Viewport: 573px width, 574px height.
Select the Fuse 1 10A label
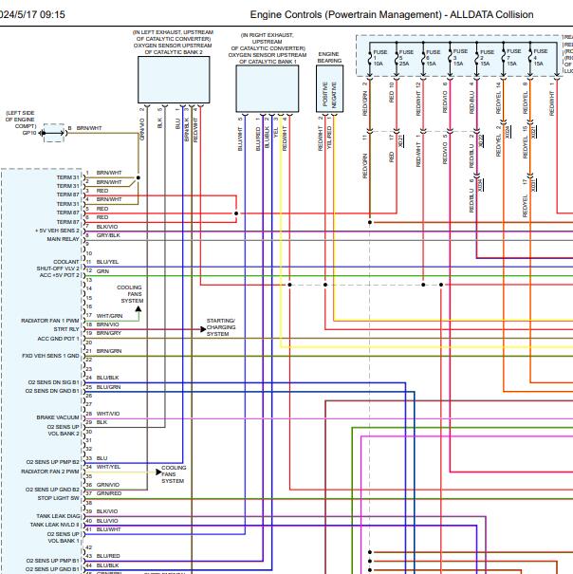tap(379, 58)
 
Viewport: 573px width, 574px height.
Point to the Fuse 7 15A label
tap(513, 58)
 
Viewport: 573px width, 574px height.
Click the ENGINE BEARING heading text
tap(328, 58)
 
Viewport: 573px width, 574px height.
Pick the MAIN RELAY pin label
tap(64, 239)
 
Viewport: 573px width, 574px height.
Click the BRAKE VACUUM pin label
tap(59, 417)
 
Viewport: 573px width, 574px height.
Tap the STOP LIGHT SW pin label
tap(59, 497)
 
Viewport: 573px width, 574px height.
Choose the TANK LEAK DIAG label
tap(58, 516)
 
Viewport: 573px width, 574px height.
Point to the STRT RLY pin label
tap(67, 329)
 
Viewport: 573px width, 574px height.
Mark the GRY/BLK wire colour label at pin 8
tap(108, 234)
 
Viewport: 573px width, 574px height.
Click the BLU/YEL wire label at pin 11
tap(108, 262)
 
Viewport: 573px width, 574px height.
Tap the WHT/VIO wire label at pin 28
tap(108, 414)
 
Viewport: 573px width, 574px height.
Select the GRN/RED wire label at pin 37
tap(108, 493)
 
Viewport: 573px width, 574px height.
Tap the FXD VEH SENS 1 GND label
tap(52, 356)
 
